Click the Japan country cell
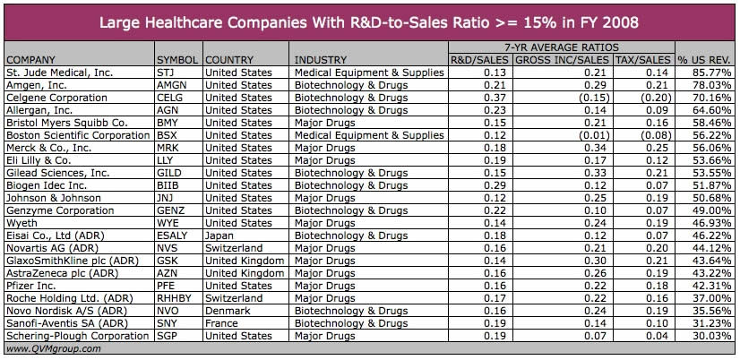pos(219,236)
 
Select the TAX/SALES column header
pos(643,60)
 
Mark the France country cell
pos(221,323)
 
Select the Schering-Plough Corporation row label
pos(77,336)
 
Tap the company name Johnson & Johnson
pos(53,198)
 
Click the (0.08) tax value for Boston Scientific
pos(653,135)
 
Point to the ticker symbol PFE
pos(167,286)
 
